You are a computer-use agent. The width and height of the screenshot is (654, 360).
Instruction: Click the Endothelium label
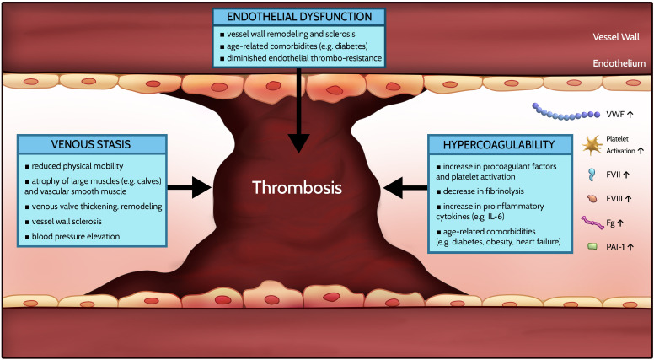tap(618, 62)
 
